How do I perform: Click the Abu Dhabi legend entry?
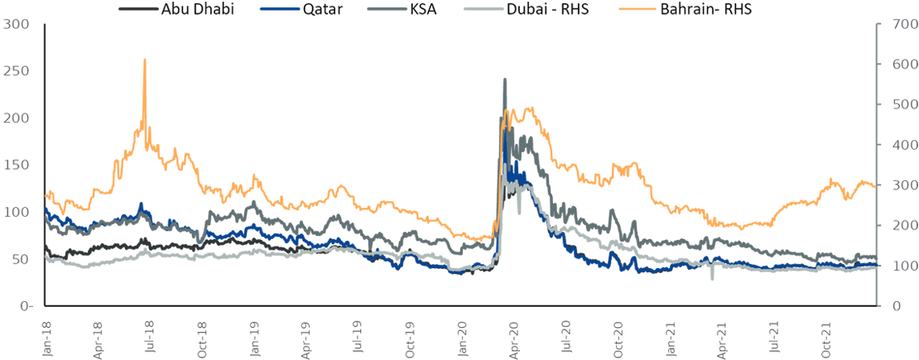pos(199,8)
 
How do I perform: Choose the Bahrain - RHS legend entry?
pos(705,8)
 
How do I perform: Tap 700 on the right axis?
pos(897,24)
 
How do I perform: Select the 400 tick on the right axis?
pos(897,145)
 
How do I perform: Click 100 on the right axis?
pos(897,266)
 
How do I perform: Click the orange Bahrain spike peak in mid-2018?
pos(145,60)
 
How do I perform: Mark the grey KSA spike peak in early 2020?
pos(505,79)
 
